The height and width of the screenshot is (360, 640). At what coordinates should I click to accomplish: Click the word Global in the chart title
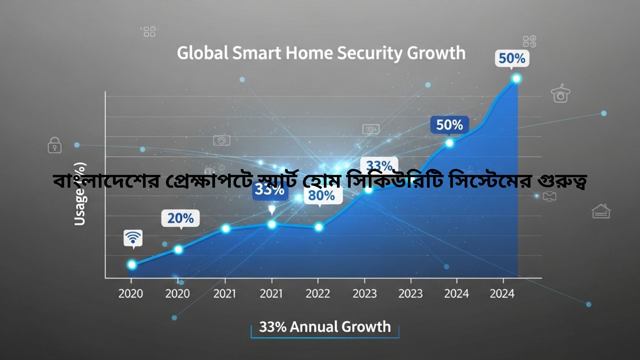[203, 53]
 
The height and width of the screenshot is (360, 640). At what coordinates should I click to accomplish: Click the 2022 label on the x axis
[318, 293]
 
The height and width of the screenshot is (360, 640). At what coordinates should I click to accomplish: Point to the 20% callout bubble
[180, 218]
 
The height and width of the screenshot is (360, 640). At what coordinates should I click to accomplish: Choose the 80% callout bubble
[321, 195]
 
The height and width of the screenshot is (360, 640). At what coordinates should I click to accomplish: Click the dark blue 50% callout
[449, 125]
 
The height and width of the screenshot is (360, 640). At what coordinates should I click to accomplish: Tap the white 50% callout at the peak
[512, 58]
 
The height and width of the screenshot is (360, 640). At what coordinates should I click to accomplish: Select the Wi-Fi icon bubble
[133, 238]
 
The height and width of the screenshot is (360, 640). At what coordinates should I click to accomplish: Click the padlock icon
[55, 145]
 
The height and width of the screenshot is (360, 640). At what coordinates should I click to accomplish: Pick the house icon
[601, 211]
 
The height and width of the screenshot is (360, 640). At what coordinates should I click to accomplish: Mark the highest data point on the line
[516, 78]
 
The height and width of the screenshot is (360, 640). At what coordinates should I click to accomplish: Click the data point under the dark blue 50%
[449, 143]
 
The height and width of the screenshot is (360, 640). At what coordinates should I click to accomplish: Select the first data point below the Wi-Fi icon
[132, 265]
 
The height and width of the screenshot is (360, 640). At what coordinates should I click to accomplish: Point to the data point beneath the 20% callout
[178, 250]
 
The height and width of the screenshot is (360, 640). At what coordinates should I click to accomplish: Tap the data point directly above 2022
[318, 227]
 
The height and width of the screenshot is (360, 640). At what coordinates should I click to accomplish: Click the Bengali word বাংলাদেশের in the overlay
[106, 180]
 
